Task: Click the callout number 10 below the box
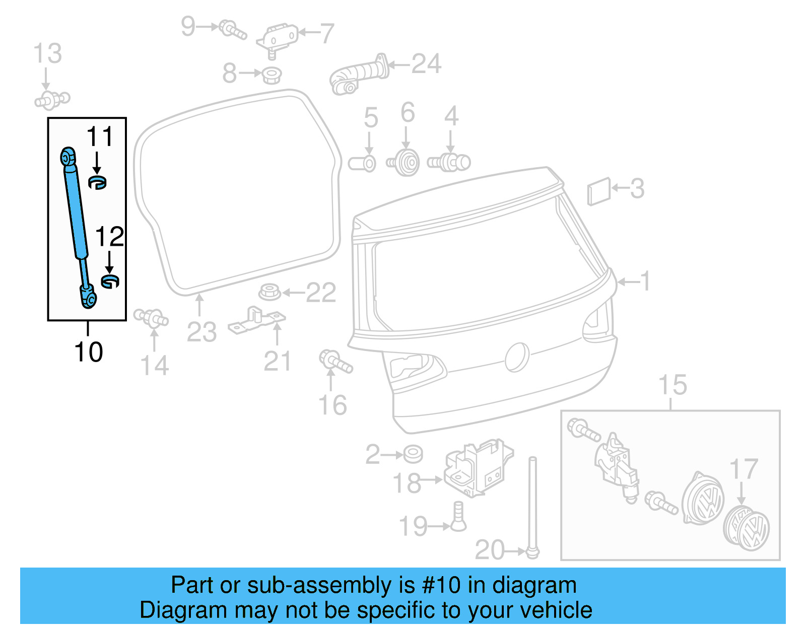(x=88, y=352)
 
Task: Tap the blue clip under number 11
(x=97, y=182)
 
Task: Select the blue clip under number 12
(x=110, y=282)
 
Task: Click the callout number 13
(x=47, y=53)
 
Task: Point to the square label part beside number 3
(x=599, y=191)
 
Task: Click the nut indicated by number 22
(x=270, y=292)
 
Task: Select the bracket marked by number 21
(x=257, y=321)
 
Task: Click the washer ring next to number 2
(x=413, y=454)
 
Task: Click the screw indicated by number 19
(x=458, y=517)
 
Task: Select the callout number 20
(x=490, y=550)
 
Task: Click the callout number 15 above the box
(x=673, y=385)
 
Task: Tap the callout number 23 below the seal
(x=201, y=332)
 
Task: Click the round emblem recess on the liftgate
(x=517, y=357)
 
